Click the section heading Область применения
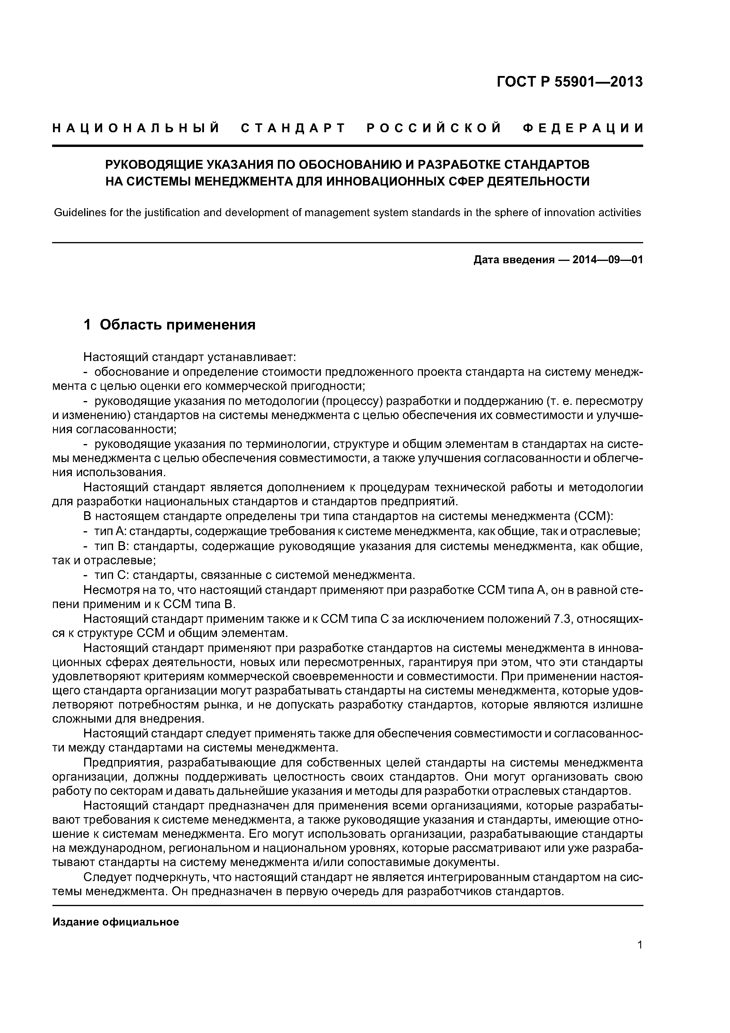click(x=177, y=325)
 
